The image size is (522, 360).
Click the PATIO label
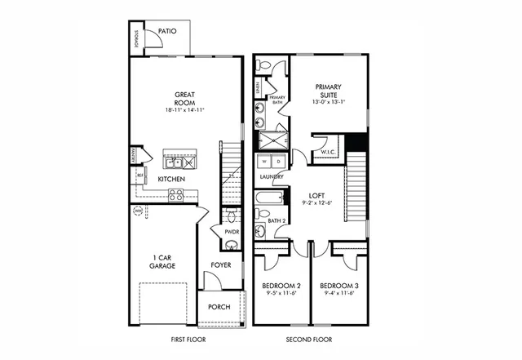pyautogui.click(x=168, y=30)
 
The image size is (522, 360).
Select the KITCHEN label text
pyautogui.click(x=170, y=179)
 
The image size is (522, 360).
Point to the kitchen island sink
pyautogui.click(x=174, y=162)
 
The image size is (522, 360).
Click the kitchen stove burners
pyautogui.click(x=176, y=194)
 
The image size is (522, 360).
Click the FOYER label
pyautogui.click(x=221, y=264)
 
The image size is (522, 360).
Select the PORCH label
pyautogui.click(x=219, y=307)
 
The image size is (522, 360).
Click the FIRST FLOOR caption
pyautogui.click(x=187, y=338)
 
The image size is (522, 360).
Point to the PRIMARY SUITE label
pyautogui.click(x=329, y=91)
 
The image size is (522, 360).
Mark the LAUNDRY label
pyautogui.click(x=272, y=176)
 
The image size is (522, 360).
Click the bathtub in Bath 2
pyautogui.click(x=268, y=198)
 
